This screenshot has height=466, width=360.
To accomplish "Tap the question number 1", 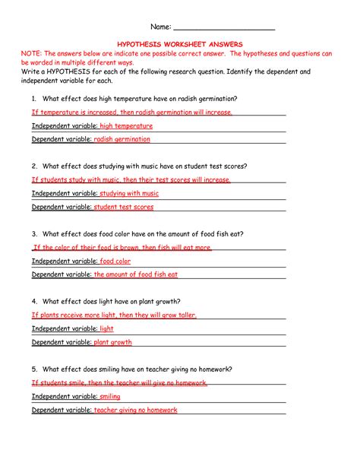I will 34,99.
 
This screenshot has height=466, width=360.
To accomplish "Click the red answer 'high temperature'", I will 126,126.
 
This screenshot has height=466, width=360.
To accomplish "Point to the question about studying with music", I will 144,166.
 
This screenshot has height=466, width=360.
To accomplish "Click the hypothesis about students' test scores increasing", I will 131,180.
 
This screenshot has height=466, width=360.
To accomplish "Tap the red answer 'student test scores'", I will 124,207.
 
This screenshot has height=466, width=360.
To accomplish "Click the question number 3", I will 34,233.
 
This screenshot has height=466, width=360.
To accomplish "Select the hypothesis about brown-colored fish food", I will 122,248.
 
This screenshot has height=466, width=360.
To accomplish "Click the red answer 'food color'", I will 115,261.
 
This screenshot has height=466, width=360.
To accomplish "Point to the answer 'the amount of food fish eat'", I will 136,274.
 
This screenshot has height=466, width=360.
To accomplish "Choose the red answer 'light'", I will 106,329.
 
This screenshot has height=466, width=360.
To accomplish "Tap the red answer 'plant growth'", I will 112,343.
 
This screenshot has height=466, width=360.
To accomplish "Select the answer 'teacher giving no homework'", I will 135,410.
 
